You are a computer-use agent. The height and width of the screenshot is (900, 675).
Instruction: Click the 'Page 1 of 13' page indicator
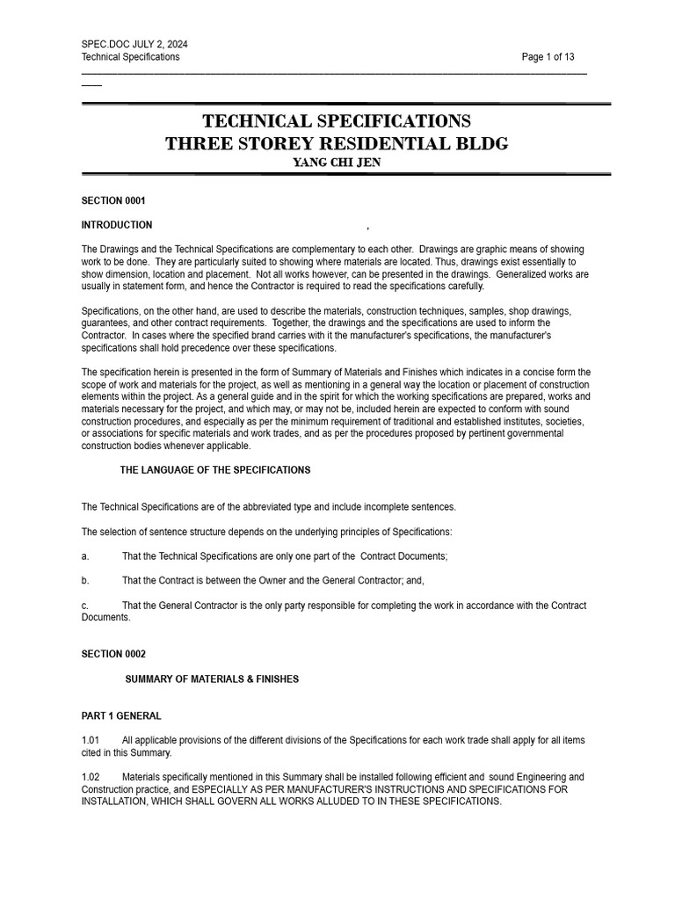click(x=548, y=57)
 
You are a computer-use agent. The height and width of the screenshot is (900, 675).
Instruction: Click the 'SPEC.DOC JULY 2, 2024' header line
click(x=134, y=44)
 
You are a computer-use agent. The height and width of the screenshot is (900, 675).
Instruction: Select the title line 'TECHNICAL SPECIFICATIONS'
click(x=337, y=121)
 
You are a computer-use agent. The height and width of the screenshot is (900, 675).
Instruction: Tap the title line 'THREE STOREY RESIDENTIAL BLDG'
click(x=337, y=143)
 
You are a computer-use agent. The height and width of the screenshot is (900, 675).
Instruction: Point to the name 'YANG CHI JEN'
click(x=337, y=163)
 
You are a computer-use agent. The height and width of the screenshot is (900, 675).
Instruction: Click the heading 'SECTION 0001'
click(x=113, y=200)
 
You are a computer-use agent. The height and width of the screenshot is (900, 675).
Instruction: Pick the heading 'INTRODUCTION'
click(x=117, y=225)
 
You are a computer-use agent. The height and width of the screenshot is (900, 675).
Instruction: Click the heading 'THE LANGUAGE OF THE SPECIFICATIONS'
click(x=215, y=470)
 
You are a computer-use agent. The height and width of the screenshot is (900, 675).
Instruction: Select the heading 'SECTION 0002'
click(x=113, y=654)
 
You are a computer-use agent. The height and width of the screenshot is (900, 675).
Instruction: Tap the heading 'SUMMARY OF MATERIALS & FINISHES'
click(x=212, y=679)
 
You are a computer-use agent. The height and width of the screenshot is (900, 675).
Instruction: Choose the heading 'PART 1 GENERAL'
click(x=121, y=716)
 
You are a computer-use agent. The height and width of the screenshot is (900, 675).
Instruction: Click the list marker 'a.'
click(x=85, y=556)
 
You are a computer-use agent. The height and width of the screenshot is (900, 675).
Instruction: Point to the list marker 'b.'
click(x=85, y=581)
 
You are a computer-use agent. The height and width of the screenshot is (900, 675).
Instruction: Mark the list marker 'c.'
click(x=85, y=606)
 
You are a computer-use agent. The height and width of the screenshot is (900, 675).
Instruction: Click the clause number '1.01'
click(x=91, y=741)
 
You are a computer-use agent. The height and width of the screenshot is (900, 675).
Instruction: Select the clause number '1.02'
click(x=91, y=777)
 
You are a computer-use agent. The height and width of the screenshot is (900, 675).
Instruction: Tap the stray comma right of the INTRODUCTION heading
click(x=367, y=228)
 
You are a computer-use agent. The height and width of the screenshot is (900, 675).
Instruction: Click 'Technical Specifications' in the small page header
click(x=130, y=57)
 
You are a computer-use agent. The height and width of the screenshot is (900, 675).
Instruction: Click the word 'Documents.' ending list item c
click(x=105, y=617)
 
